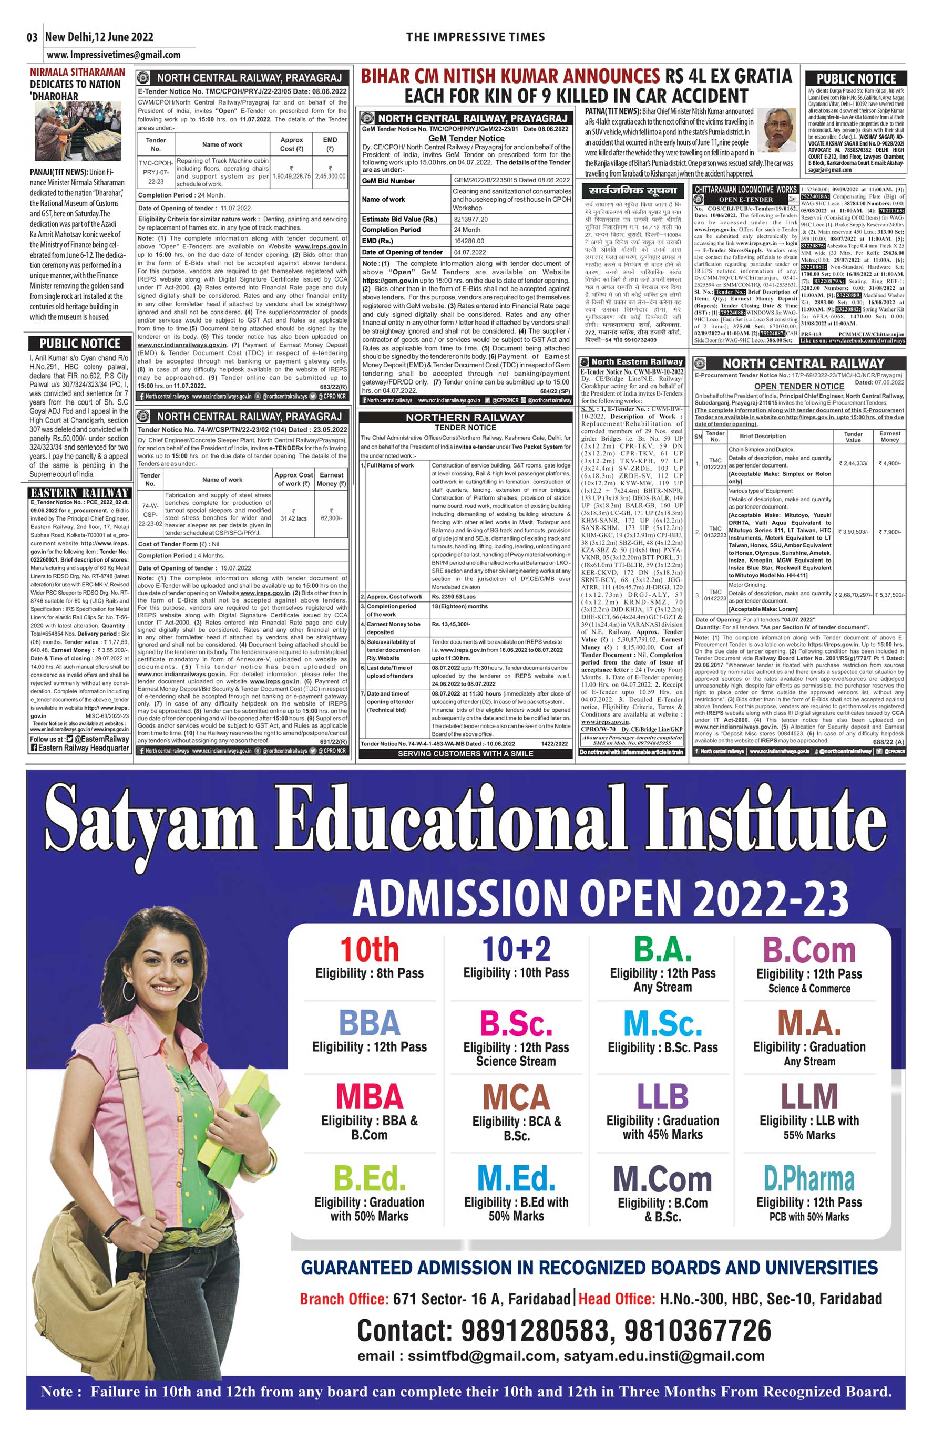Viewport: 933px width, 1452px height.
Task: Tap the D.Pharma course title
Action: (809, 1179)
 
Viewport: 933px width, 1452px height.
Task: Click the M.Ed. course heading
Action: (516, 1178)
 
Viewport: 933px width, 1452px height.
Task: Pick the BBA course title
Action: (369, 1023)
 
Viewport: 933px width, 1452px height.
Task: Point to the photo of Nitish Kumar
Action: (777, 130)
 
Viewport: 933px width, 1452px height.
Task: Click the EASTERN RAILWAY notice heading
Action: (79, 493)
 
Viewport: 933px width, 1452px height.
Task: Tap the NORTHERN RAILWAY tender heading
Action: (465, 417)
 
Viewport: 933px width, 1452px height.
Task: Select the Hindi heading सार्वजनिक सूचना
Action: (630, 191)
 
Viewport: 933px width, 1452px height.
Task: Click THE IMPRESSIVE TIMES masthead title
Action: (475, 37)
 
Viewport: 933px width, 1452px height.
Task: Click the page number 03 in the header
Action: (32, 37)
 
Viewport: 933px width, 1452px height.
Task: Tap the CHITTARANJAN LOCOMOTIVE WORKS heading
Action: (745, 190)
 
